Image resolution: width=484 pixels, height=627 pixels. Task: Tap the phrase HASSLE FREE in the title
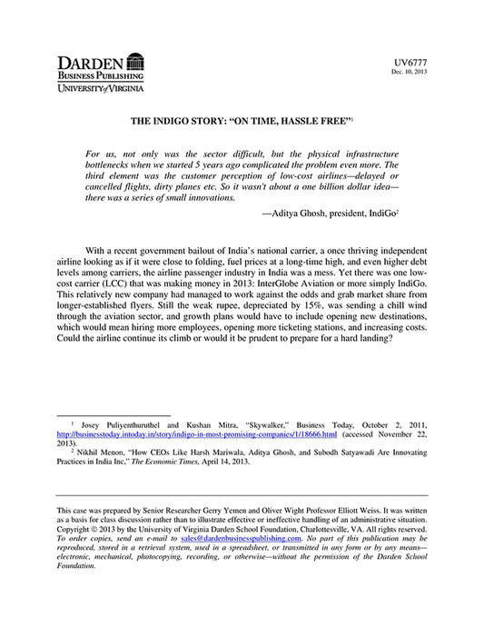tap(308, 120)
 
